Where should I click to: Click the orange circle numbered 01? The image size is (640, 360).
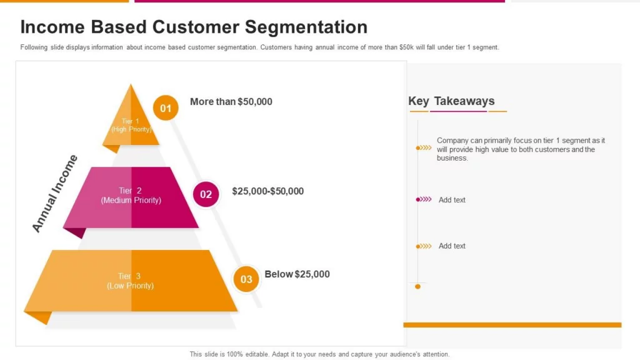click(166, 107)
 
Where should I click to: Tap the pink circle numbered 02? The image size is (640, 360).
click(206, 194)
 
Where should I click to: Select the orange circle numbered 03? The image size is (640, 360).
click(246, 279)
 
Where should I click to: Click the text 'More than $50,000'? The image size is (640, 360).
click(231, 102)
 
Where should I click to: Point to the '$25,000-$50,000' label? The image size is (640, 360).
click(267, 191)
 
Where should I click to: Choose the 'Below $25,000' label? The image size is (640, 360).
click(297, 274)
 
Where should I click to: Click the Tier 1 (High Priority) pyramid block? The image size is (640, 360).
click(131, 118)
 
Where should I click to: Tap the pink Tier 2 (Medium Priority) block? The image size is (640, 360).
click(131, 197)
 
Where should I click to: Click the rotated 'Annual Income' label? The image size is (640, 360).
click(55, 194)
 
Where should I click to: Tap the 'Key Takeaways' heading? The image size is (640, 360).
click(451, 101)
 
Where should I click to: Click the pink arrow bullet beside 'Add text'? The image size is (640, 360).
click(424, 199)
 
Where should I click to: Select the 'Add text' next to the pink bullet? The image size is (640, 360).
click(452, 200)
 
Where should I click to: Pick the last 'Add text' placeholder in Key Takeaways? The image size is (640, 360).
click(452, 246)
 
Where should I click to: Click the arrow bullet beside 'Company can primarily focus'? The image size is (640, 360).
click(424, 147)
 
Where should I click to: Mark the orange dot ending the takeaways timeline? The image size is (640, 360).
click(417, 286)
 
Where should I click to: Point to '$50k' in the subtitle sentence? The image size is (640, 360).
click(406, 47)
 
